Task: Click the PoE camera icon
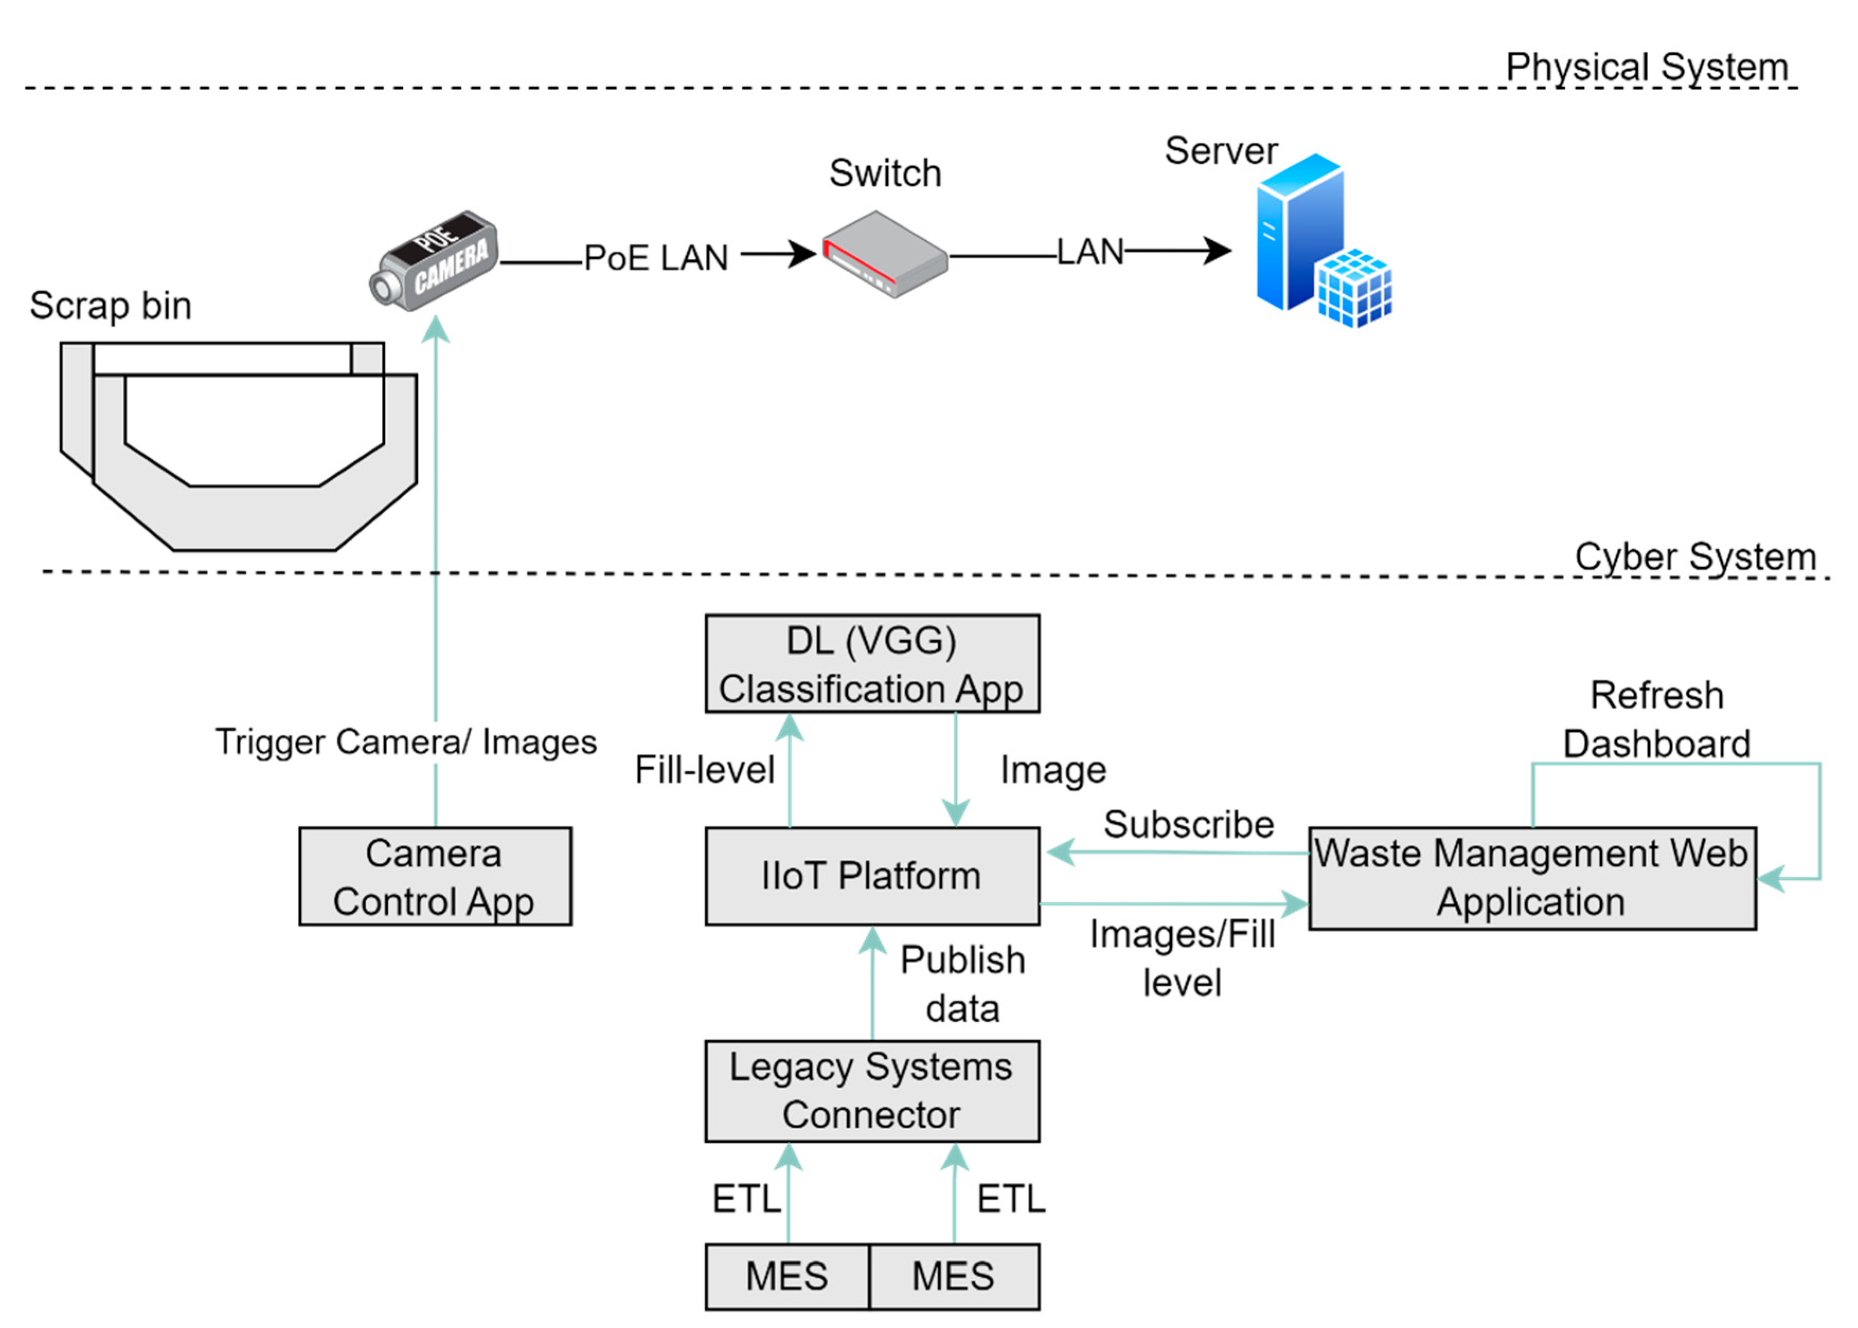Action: click(x=434, y=260)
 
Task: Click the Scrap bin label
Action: click(x=111, y=306)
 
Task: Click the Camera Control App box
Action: click(x=434, y=877)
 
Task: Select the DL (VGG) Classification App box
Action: click(x=872, y=664)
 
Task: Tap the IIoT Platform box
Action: click(x=872, y=877)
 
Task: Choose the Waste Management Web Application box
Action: click(x=1531, y=878)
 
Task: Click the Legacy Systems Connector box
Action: click(x=872, y=1091)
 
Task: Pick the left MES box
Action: click(x=786, y=1277)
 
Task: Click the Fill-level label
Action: click(x=704, y=770)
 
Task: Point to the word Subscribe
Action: click(x=1188, y=824)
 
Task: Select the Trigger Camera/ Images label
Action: click(x=406, y=742)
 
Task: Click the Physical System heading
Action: click(x=1646, y=67)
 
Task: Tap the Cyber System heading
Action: click(x=1695, y=557)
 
